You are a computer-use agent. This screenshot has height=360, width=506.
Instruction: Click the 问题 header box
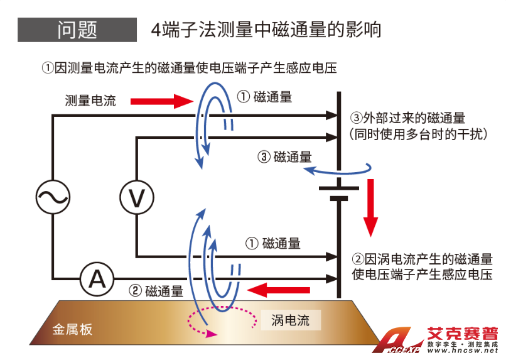77,30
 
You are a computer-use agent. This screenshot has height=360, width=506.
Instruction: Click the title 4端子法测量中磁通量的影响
266,30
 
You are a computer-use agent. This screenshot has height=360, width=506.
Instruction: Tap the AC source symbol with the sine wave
52,197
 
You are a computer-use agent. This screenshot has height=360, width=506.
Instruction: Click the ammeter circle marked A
97,278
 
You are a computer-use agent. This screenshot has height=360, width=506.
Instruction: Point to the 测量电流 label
90,101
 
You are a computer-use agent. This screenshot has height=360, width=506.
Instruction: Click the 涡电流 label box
290,320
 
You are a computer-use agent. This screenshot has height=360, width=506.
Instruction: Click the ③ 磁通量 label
284,157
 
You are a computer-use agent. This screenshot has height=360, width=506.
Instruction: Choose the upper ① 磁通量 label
264,97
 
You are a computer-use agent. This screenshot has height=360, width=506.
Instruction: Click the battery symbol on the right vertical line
339,192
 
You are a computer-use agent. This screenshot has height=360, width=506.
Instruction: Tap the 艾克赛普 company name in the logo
462,334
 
